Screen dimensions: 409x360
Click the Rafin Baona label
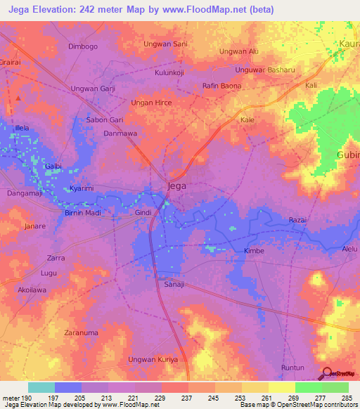221,86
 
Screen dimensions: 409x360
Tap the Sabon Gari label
104,119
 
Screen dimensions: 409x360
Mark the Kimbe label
253,251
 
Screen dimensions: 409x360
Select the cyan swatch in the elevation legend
41,387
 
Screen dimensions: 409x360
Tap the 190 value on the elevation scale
27,397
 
